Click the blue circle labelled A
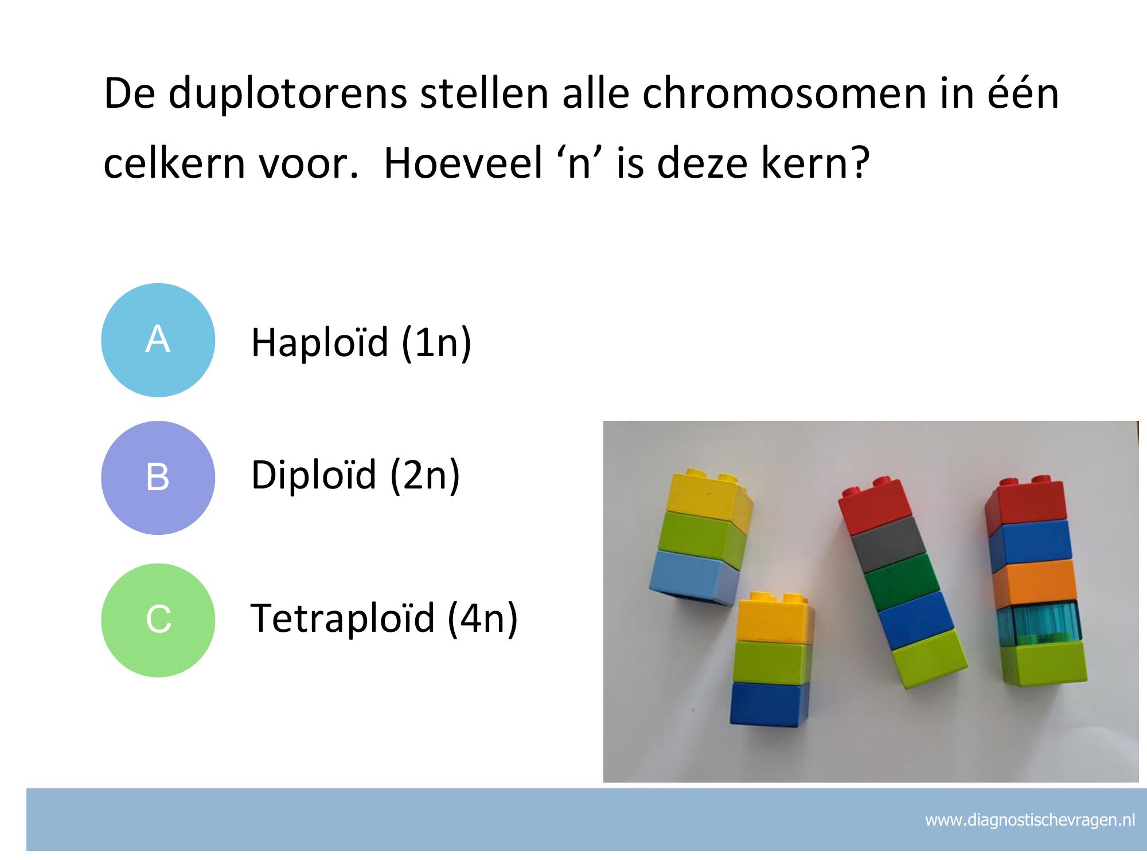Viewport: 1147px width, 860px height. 158,340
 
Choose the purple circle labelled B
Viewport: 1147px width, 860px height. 158,478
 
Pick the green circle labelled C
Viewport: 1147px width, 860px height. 158,620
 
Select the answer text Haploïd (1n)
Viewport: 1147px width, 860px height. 361,343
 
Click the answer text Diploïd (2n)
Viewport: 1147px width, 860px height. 356,475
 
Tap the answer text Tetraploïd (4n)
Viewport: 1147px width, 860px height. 384,618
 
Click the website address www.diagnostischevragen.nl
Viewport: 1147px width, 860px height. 1030,820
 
